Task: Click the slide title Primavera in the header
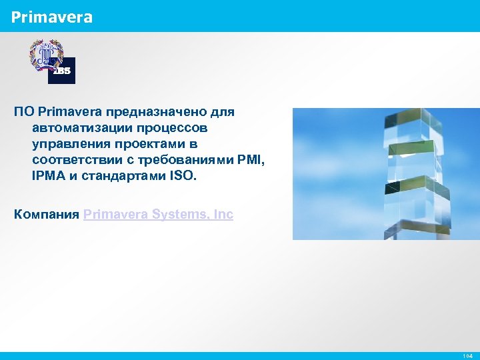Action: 51,17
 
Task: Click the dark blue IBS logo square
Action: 62,71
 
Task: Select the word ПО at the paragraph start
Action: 25,112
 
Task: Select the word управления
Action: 66,143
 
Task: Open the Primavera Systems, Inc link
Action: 158,214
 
